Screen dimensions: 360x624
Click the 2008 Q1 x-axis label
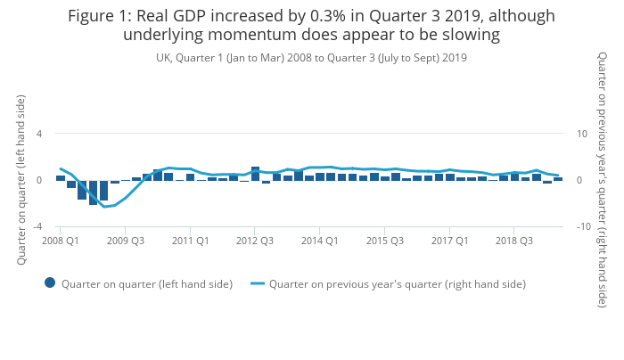(61, 241)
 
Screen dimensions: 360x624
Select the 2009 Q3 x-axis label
(126, 241)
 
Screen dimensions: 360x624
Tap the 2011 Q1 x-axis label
(191, 241)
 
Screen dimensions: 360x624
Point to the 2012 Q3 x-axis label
(255, 241)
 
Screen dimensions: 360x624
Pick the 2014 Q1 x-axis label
(320, 241)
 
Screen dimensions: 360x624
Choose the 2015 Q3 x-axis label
(385, 241)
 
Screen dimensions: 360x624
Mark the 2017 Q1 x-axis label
(450, 241)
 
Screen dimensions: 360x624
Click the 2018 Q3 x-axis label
(514, 241)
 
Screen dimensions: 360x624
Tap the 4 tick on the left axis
(39, 134)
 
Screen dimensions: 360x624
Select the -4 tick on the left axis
(37, 226)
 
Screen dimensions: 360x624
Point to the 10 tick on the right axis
(581, 134)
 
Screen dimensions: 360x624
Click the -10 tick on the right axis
(583, 226)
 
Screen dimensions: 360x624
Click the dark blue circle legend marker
(50, 283)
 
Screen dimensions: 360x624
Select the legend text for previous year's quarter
(398, 284)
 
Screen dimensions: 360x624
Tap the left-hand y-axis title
(21, 180)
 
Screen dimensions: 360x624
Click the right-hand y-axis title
(603, 180)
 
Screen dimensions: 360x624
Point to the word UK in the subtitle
(164, 57)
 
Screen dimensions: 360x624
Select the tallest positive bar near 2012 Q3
(255, 173)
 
